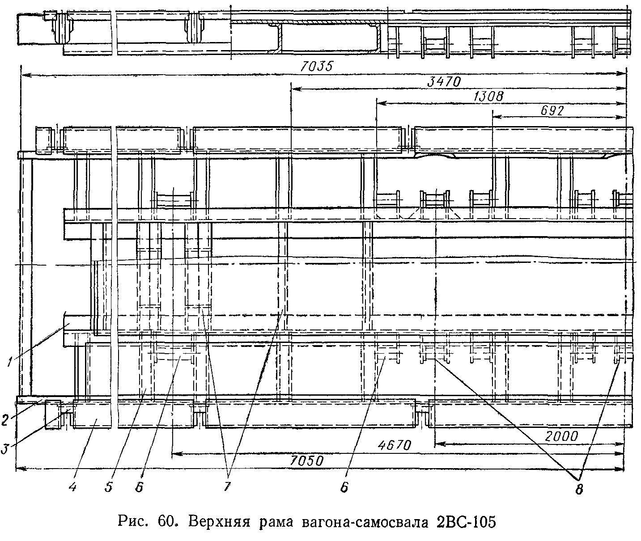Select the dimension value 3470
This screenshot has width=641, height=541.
point(445,81)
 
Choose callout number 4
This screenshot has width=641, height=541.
point(73,487)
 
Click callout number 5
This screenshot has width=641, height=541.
point(108,487)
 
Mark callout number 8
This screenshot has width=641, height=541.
point(579,489)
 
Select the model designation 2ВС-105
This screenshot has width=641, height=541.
point(465,521)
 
